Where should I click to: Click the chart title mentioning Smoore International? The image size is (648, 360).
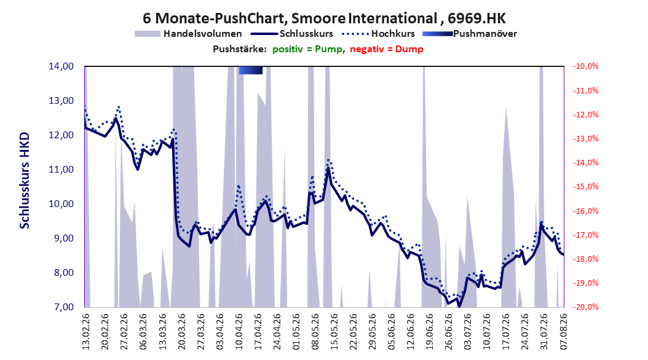pyautogui.click(x=324, y=18)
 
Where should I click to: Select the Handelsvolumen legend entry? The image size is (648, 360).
pyautogui.click(x=188, y=34)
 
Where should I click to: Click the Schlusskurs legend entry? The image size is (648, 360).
pyautogui.click(x=292, y=34)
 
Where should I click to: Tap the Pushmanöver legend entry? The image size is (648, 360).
pyautogui.click(x=470, y=34)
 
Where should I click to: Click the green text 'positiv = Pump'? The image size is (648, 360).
pyautogui.click(x=307, y=49)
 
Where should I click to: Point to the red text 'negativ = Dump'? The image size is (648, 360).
pyautogui.click(x=387, y=49)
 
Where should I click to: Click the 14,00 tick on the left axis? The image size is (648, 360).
pyautogui.click(x=61, y=66)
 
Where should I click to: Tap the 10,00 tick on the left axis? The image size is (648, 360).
pyautogui.click(x=61, y=204)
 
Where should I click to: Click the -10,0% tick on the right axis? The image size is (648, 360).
pyautogui.click(x=585, y=66)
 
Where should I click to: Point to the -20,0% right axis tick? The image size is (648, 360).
pyautogui.click(x=585, y=307)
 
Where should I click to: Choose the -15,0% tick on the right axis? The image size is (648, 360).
pyautogui.click(x=585, y=187)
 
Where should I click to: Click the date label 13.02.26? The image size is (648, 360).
pyautogui.click(x=86, y=332)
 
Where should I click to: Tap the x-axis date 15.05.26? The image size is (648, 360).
pyautogui.click(x=334, y=332)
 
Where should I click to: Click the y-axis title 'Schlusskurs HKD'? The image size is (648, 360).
pyautogui.click(x=25, y=181)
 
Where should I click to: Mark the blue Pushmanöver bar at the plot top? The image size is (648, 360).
pyautogui.click(x=250, y=70)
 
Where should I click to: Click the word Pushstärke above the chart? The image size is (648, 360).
pyautogui.click(x=240, y=49)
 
